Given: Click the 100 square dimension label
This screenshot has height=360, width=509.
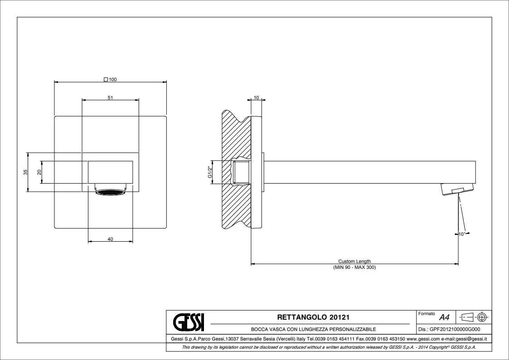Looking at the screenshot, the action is pos(111,79).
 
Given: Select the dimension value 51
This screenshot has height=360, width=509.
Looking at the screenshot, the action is pos(111,97).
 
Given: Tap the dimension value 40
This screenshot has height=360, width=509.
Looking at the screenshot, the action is pos(111,239).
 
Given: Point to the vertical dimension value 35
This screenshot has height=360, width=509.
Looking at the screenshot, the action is pos(26,172).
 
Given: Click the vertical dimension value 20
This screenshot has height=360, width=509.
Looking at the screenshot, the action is pos(39,172).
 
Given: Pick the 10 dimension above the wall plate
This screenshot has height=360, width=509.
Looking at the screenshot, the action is pos(257,97).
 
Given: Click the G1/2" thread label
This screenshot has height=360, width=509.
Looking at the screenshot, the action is pos(210,172).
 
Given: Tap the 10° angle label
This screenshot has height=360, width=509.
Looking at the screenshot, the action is pos(461,234).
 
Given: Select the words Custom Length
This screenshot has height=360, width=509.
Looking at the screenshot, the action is pos(354,261).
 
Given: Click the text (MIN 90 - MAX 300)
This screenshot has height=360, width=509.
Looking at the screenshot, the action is pos(354,267).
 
